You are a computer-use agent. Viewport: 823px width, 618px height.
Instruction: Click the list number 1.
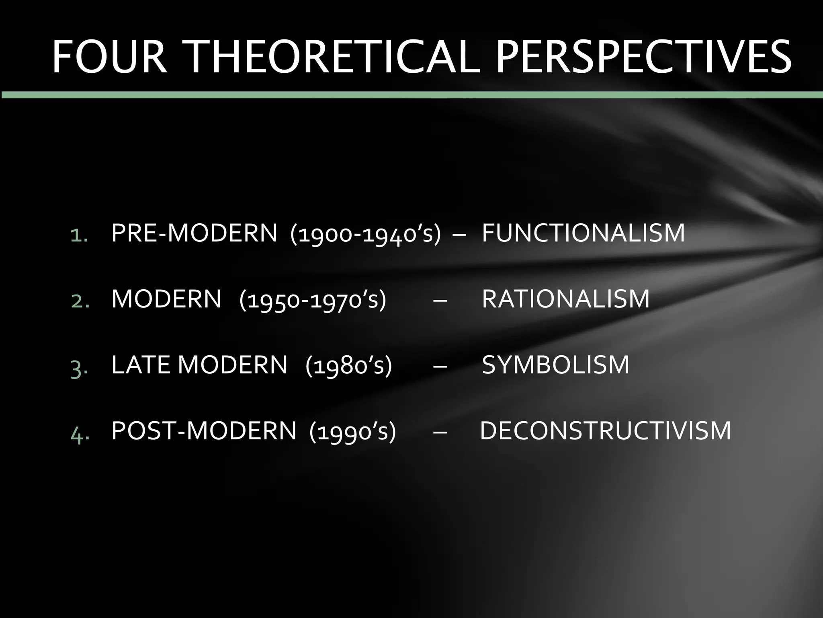79,235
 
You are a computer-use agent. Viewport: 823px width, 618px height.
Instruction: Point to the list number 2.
80,301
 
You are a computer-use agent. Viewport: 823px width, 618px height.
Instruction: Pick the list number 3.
79,367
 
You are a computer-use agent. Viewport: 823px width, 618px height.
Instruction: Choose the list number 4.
80,433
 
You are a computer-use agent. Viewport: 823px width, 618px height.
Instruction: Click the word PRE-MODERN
194,233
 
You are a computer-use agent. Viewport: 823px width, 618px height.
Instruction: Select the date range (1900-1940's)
365,234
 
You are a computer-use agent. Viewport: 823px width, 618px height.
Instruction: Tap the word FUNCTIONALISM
583,233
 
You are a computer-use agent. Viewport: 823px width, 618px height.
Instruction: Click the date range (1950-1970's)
313,300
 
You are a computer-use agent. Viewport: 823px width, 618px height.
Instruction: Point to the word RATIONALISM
565,299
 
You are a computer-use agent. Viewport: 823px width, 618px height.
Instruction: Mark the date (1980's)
348,366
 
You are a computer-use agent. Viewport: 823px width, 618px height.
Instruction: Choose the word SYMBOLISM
555,365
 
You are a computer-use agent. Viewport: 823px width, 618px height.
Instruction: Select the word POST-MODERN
204,431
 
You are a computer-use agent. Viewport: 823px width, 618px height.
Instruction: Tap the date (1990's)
352,432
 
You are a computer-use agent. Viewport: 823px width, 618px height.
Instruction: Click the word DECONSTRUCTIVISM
606,431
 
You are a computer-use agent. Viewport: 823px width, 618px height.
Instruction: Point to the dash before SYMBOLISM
440,367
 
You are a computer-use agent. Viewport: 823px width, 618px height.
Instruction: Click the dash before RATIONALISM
440,301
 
